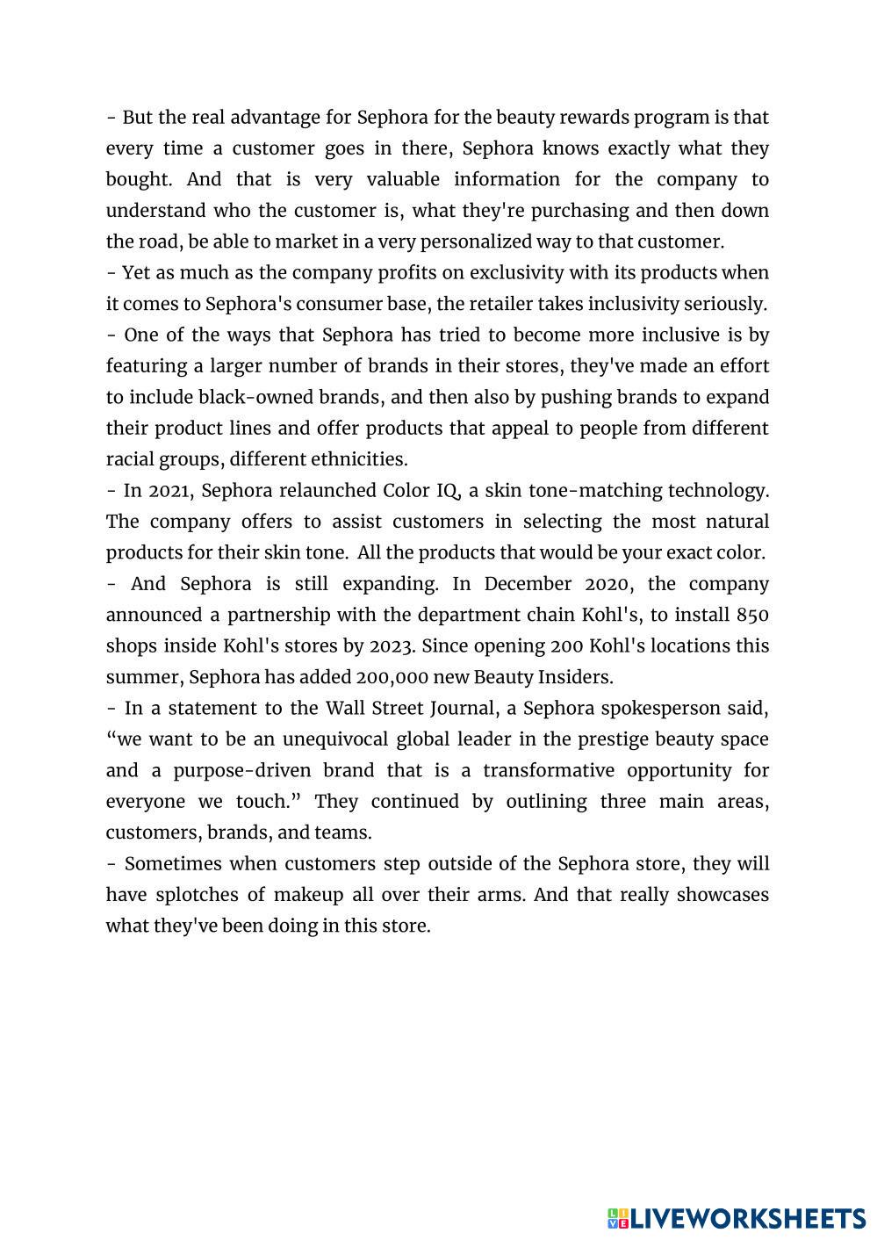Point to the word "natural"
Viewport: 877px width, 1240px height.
coord(736,523)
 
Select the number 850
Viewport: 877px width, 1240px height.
coord(752,616)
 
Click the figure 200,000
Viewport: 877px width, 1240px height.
coord(392,678)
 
